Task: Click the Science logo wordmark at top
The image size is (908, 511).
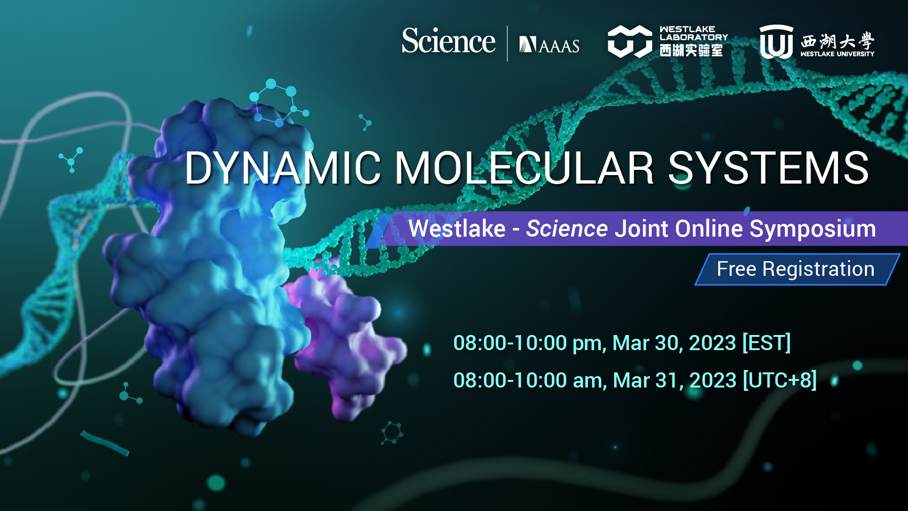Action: (448, 41)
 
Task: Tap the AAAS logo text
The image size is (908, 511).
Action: (550, 45)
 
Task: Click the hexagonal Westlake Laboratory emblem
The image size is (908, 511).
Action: (629, 42)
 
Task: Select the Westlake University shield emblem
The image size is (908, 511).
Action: (776, 42)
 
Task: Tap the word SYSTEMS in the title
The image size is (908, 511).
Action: (768, 168)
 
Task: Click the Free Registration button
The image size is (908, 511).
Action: (795, 269)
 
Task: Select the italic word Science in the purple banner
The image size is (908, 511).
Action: (567, 229)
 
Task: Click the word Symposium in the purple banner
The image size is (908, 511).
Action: (812, 229)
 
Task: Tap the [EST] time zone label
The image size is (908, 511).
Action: (766, 343)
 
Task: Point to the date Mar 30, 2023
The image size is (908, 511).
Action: (674, 343)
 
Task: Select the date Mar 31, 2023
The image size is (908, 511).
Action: (674, 380)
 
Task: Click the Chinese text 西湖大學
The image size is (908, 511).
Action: (837, 41)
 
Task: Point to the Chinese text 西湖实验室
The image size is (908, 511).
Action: (691, 50)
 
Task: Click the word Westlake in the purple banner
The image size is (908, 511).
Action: (457, 229)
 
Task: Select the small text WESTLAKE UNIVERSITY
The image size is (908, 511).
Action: (837, 54)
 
